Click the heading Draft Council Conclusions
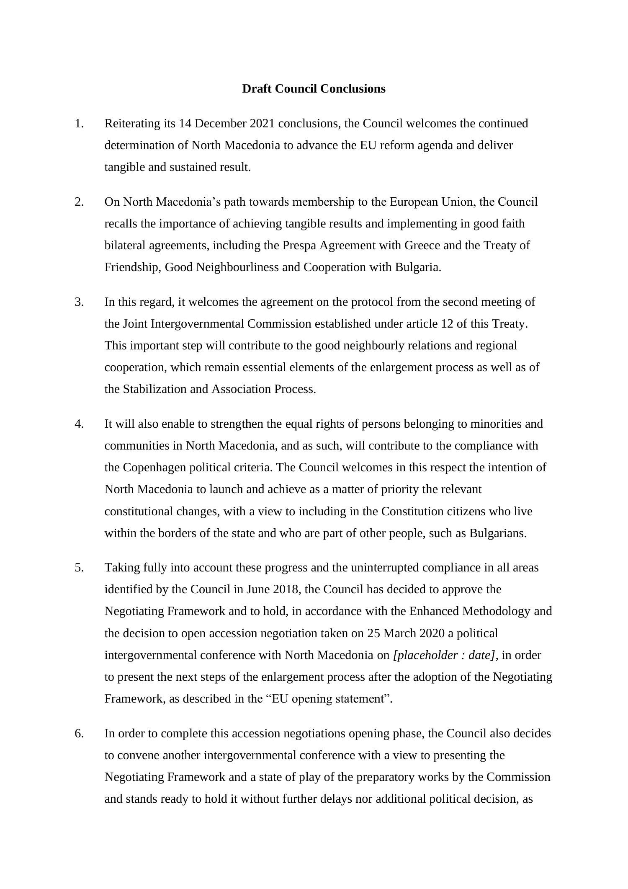314,89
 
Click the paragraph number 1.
79,124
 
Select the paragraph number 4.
79,424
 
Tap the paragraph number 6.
79,733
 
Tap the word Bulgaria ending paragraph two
417,267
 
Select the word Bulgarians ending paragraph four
497,533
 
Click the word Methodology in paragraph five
496,611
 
